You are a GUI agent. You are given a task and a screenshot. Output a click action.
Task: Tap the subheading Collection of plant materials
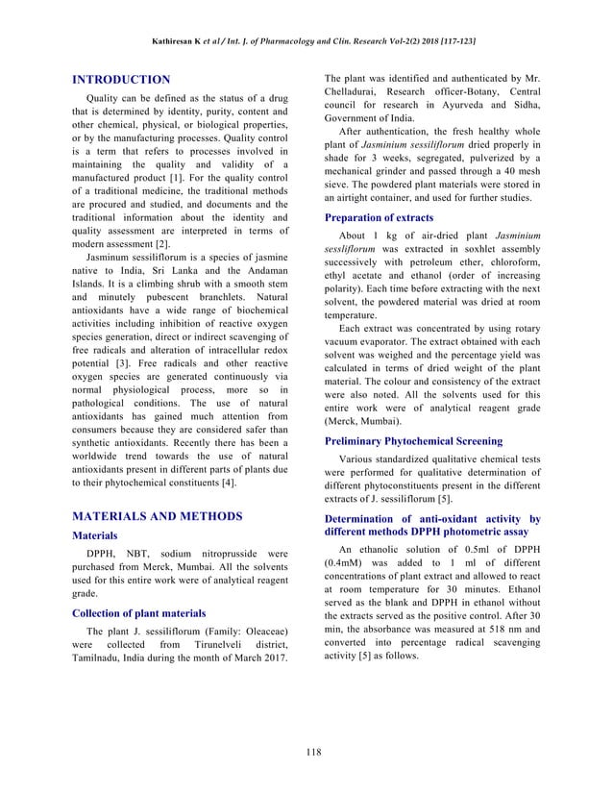[x=140, y=612]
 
